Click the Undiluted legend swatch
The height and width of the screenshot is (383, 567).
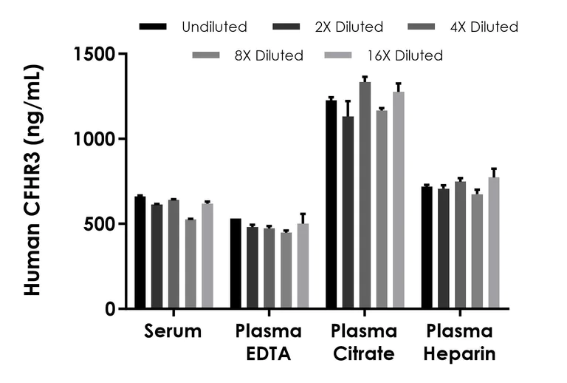click(153, 27)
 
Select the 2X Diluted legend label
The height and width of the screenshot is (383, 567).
click(349, 27)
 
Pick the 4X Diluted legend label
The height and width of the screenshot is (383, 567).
click(484, 27)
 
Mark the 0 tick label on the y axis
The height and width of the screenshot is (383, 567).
click(110, 309)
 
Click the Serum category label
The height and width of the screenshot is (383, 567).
click(173, 331)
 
